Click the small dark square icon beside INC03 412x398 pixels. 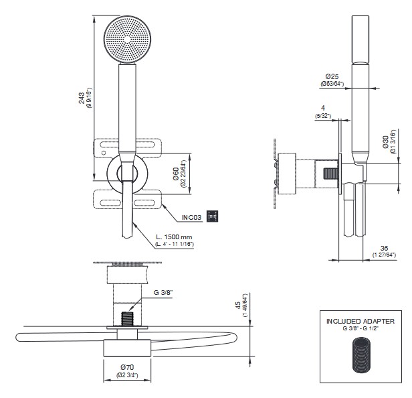tap(213, 216)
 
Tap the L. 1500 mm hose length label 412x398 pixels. tap(173, 237)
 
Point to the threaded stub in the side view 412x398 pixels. tap(328, 172)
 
